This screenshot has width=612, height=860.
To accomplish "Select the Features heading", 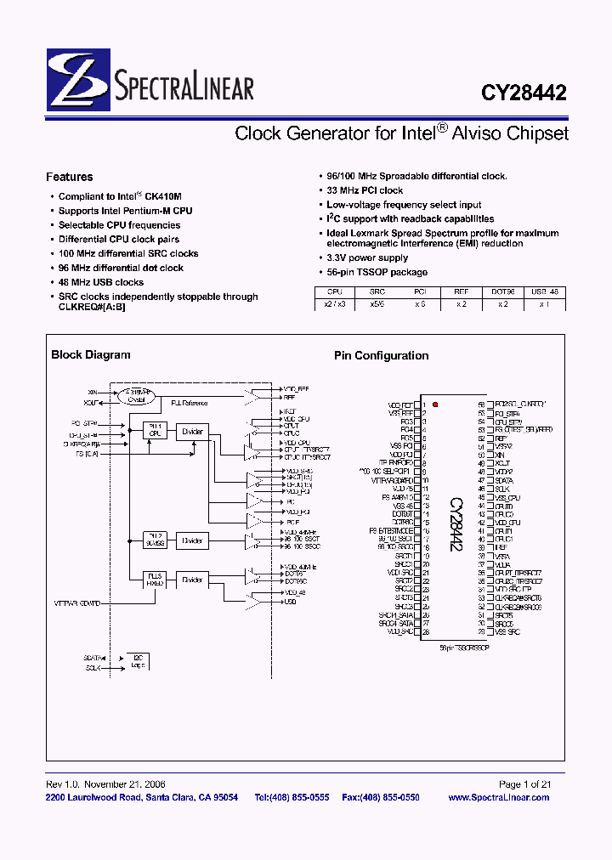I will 70,177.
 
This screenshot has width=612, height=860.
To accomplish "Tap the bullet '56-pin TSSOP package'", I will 377,272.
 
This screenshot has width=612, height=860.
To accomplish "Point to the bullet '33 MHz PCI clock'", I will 365,190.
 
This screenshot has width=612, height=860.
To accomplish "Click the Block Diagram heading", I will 91,355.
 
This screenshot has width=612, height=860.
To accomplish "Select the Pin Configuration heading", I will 381,356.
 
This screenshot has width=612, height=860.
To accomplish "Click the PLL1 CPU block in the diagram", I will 155,430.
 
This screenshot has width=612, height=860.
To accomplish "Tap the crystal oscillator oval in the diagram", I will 141,396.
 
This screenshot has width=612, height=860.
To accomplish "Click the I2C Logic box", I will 138,661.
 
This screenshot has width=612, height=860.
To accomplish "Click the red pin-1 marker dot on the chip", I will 436,405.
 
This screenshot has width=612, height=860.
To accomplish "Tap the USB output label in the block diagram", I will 290,602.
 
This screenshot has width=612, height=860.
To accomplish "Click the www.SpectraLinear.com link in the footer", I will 498,797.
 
